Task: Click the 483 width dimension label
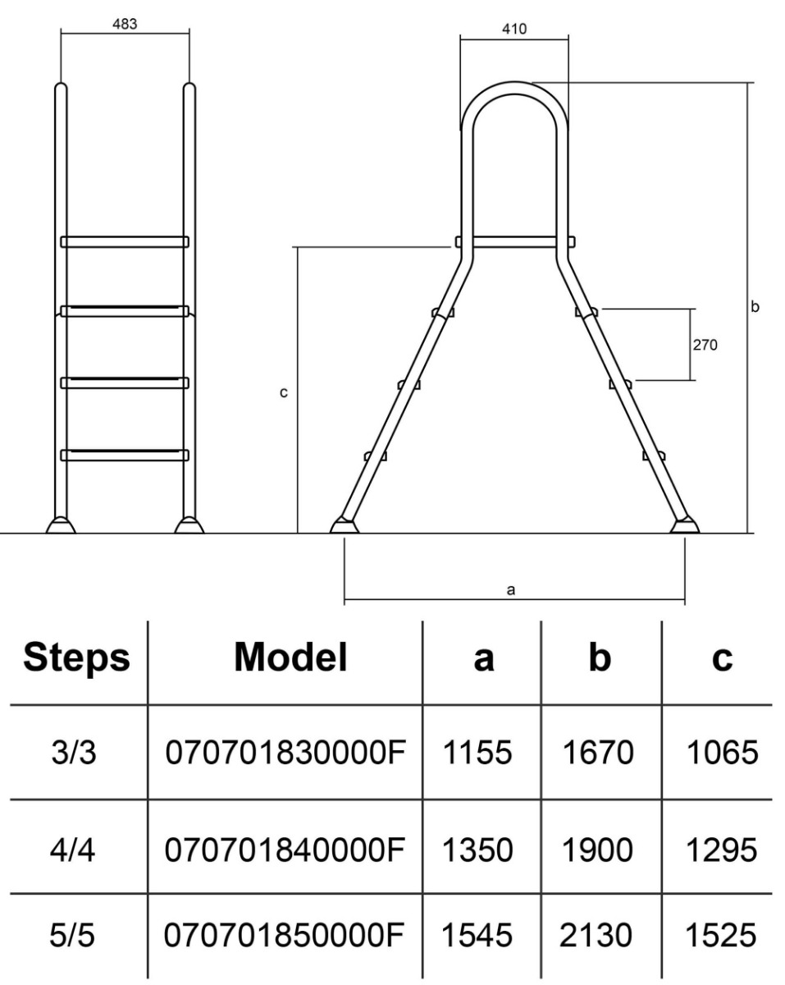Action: click(125, 24)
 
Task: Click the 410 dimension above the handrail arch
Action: click(514, 30)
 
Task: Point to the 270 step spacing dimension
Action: click(705, 345)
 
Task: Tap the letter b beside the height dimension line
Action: click(755, 306)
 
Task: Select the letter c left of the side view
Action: click(284, 393)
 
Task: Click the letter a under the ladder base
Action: click(511, 589)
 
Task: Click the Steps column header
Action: click(75, 658)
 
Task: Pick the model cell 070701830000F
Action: click(286, 753)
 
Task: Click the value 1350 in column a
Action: click(478, 850)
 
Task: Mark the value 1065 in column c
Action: click(722, 753)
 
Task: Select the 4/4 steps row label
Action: click(74, 850)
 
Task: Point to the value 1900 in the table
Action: click(598, 850)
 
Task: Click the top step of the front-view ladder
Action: click(125, 242)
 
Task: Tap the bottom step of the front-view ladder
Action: click(125, 454)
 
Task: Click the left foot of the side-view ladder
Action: click(345, 525)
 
